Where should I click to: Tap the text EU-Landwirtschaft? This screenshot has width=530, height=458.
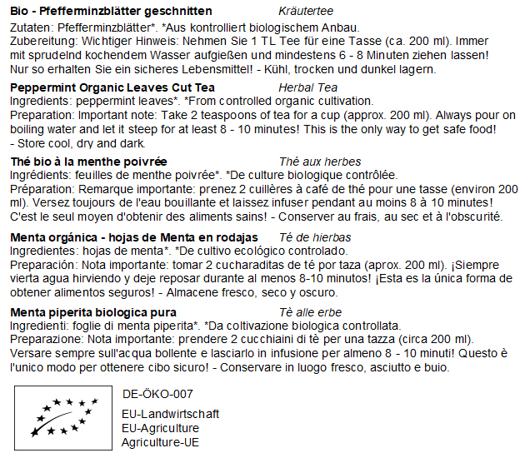pyautogui.click(x=170, y=414)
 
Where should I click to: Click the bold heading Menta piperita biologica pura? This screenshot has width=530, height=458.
pyautogui.click(x=93, y=312)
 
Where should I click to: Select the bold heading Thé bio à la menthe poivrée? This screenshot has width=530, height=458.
pyautogui.click(x=89, y=162)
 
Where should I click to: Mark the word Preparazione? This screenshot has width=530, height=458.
pyautogui.click(x=44, y=340)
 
